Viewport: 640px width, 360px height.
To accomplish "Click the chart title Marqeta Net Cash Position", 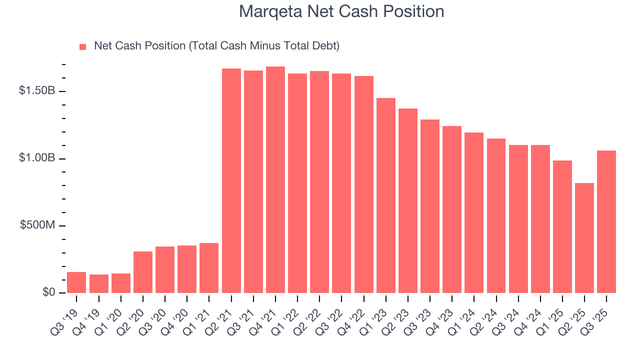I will (341, 11).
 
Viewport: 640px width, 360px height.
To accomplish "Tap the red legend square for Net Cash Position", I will (83, 47).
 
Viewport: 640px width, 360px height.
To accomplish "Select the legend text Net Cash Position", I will (216, 46).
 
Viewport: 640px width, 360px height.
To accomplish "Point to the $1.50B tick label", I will (37, 91).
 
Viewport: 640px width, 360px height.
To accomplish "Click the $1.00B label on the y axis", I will (37, 158).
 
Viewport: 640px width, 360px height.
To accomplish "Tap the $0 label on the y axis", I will (48, 292).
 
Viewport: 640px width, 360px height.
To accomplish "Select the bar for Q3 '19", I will (76, 282).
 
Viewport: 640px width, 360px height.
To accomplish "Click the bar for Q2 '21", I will (231, 180).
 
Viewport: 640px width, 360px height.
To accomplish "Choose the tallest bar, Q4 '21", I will (275, 179).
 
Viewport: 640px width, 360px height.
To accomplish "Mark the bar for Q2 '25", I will (584, 238).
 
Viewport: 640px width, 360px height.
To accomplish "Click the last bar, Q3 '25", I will (606, 221).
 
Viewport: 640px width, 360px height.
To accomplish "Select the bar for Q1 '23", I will (386, 195).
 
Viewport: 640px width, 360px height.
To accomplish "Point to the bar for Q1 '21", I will (209, 268).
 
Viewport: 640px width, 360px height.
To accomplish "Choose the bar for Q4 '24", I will (540, 219).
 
